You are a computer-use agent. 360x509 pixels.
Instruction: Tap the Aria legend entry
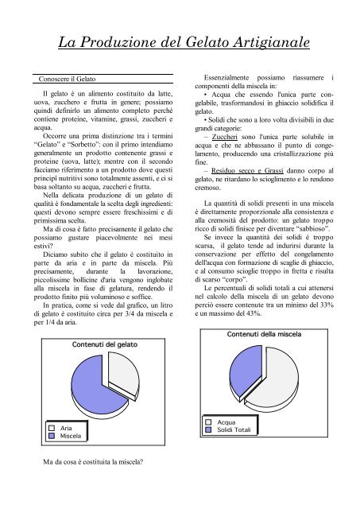66,428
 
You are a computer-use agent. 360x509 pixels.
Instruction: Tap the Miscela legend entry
70,436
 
